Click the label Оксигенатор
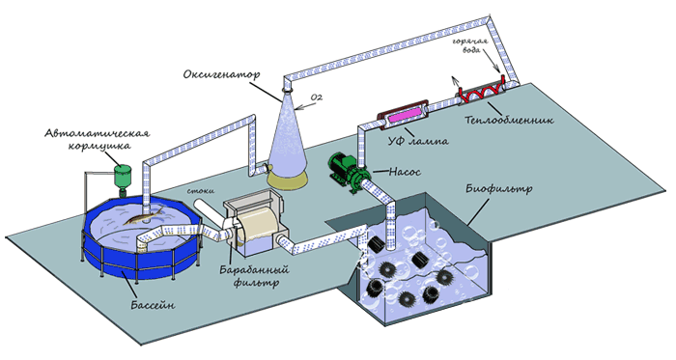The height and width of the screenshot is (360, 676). tap(221, 74)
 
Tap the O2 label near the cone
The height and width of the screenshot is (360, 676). tap(317, 97)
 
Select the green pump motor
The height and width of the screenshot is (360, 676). tap(343, 168)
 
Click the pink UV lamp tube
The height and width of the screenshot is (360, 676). tap(405, 114)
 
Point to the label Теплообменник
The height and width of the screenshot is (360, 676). tap(509, 120)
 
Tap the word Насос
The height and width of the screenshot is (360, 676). tap(405, 172)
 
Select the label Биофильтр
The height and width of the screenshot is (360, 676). tap(499, 188)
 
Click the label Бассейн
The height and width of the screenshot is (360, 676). tap(153, 305)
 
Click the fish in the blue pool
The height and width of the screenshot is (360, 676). tap(144, 216)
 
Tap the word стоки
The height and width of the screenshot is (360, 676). tap(201, 191)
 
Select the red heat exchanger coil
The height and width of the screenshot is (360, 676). tap(481, 91)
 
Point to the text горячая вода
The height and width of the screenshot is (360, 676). tap(470, 45)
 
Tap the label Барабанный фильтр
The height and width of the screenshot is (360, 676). tap(254, 276)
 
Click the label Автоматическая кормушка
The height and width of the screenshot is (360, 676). tap(98, 139)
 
